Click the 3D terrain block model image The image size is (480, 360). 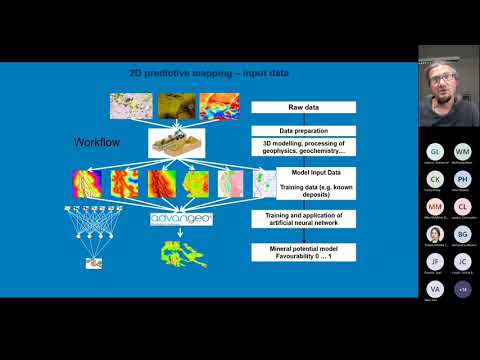(x=178, y=144)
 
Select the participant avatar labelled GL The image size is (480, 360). (x=435, y=151)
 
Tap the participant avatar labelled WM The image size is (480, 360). (x=463, y=151)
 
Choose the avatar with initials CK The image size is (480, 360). (x=435, y=179)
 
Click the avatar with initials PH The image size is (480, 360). (x=463, y=179)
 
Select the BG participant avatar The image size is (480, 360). (x=463, y=234)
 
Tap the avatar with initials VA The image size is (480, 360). (x=435, y=289)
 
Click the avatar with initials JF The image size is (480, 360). (x=435, y=262)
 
